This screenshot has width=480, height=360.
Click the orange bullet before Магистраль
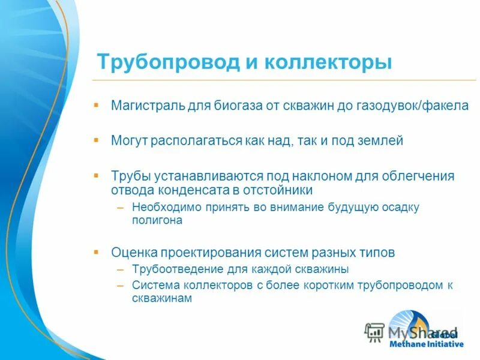96,104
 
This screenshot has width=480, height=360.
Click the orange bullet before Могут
96,140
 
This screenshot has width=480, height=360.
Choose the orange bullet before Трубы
96,175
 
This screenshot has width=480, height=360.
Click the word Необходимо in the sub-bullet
160,208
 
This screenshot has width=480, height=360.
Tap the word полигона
157,220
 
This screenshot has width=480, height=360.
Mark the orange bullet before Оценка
96,251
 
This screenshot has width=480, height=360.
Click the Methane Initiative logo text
426,344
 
